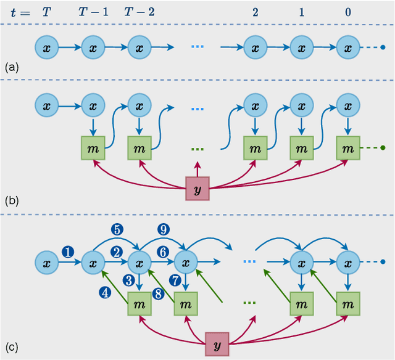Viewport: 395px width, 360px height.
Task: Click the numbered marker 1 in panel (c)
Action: point(68,251)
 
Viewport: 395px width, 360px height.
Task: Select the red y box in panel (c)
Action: point(217,342)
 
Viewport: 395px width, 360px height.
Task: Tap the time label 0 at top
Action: point(348,12)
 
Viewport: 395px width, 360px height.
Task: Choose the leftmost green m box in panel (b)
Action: point(93,148)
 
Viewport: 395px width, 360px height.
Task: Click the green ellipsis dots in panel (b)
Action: point(197,149)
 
